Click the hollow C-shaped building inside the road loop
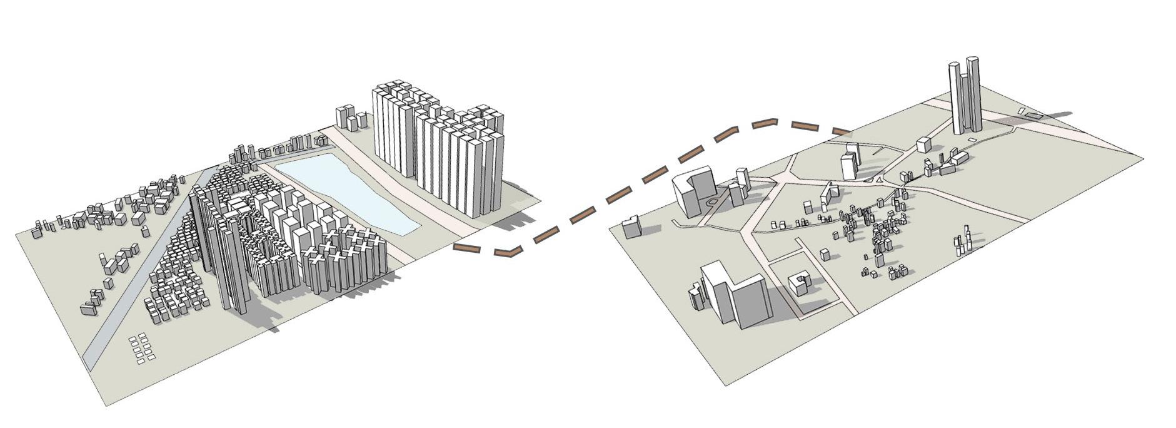coord(798,284)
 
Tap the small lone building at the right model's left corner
coord(631,226)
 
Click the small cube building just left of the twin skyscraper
coord(924,145)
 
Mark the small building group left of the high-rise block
coord(351,119)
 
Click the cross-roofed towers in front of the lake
coord(344,263)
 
